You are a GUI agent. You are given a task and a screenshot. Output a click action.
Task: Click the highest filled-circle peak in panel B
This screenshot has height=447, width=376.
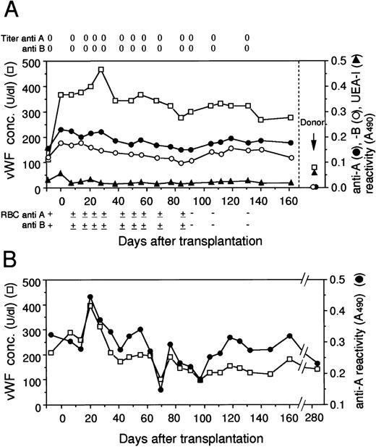coord(90,297)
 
